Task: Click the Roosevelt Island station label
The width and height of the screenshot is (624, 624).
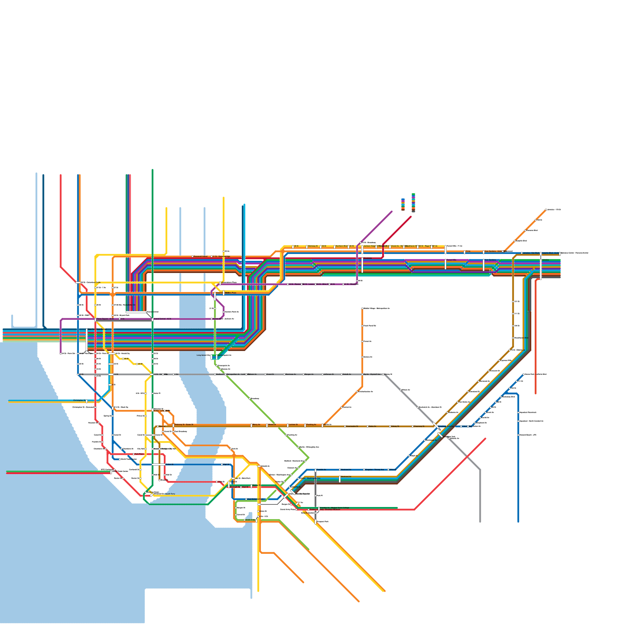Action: pyautogui.click(x=200, y=257)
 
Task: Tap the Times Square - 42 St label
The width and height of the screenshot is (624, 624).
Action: pyautogui.click(x=105, y=319)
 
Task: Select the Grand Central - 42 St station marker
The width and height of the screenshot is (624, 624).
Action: pyautogui.click(x=152, y=319)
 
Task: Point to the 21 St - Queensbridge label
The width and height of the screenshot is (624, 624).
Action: pyautogui.click(x=222, y=257)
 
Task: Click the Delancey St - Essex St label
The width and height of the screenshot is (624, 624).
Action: pyautogui.click(x=184, y=425)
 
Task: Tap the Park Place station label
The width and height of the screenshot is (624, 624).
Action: pyautogui.click(x=139, y=454)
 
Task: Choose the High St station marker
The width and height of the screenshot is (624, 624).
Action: pyautogui.click(x=222, y=464)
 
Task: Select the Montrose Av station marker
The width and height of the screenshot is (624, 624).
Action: pyautogui.click(x=284, y=374)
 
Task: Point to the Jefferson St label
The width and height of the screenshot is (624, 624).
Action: pyautogui.click(x=328, y=374)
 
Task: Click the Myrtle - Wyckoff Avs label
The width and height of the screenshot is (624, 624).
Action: pyautogui.click(x=372, y=374)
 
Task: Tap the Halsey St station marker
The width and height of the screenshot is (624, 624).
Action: pyautogui.click(x=390, y=426)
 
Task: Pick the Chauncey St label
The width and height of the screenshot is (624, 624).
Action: pyautogui.click(x=419, y=426)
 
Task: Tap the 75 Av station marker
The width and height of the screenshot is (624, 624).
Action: pyautogui.click(x=464, y=252)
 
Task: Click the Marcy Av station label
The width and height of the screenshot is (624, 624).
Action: pyautogui.click(x=256, y=425)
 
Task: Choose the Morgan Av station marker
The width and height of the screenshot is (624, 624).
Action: pyautogui.click(x=303, y=374)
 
